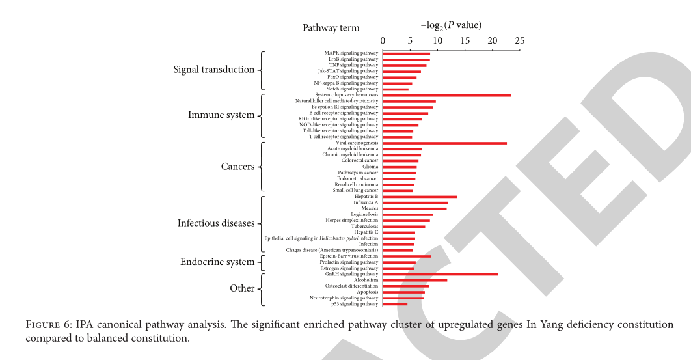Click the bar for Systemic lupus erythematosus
(446, 95)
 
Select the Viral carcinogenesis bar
(444, 143)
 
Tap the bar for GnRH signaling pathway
(440, 274)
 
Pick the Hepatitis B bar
(420, 197)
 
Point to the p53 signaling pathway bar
(395, 304)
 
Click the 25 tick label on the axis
(519, 41)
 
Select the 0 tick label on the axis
(383, 41)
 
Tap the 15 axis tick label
(465, 41)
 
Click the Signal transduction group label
(214, 70)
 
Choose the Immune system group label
(221, 115)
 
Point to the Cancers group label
(237, 167)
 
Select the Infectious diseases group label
(216, 223)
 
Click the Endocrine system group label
(217, 262)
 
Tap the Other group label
(242, 288)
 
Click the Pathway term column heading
(331, 28)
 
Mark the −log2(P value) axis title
(451, 25)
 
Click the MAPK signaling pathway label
(351, 53)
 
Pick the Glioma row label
(370, 167)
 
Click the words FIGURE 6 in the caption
(49, 324)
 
